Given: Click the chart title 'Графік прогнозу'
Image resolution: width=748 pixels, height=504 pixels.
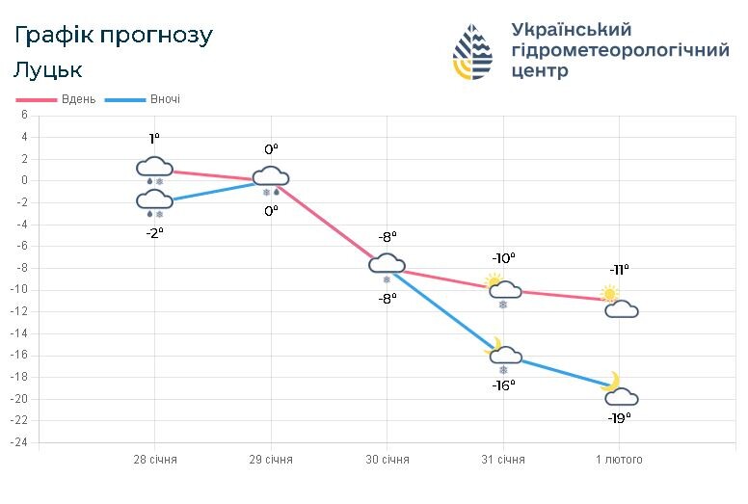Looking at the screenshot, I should [114, 36].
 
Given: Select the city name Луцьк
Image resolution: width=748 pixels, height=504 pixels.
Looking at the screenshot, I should [48, 70].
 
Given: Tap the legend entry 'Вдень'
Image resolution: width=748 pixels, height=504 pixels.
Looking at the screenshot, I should [77, 99].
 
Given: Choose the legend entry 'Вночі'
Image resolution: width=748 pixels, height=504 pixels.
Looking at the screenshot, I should [164, 99].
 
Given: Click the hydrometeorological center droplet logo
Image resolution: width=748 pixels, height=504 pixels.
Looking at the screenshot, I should [472, 51].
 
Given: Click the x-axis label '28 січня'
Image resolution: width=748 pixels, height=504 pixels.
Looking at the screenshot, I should [155, 460].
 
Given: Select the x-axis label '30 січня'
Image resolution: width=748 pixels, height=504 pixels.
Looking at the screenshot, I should [387, 460].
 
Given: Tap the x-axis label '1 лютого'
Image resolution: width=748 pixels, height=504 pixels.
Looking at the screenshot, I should [618, 460].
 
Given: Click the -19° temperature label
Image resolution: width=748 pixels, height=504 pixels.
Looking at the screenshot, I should [620, 418].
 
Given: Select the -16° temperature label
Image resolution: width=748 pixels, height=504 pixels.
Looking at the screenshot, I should [503, 385].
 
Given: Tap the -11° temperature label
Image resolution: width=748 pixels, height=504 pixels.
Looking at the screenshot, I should [619, 270].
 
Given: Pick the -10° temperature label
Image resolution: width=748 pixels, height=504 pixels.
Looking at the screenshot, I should [503, 258].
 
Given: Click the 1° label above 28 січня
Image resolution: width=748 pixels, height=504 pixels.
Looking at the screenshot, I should [154, 139].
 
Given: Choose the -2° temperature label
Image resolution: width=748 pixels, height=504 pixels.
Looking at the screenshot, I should [154, 231].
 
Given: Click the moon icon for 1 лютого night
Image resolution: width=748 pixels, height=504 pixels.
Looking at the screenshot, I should [611, 382].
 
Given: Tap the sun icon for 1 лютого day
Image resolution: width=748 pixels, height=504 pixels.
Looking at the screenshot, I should [609, 293].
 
